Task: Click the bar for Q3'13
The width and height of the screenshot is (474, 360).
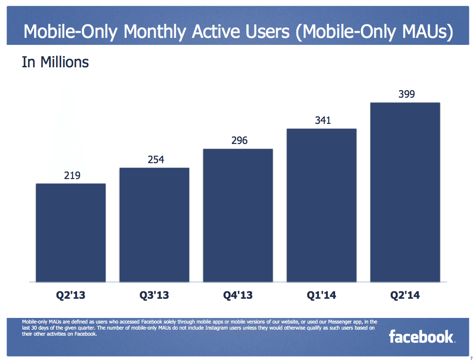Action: [154, 225]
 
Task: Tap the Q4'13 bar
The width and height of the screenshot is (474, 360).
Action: [238, 216]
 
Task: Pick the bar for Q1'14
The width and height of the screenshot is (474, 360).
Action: [322, 205]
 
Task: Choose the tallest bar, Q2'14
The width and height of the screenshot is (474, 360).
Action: [405, 192]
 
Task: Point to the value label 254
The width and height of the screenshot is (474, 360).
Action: [156, 160]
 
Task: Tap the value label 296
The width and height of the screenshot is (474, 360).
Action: [239, 141]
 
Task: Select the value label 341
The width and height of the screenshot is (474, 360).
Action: [323, 121]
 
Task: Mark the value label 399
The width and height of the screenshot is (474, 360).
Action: [406, 94]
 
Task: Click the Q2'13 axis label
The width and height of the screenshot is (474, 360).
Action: [71, 295]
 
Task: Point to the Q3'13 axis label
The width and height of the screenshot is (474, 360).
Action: [154, 295]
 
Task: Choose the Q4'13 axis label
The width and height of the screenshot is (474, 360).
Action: [238, 295]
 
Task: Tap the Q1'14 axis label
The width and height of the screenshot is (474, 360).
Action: [322, 295]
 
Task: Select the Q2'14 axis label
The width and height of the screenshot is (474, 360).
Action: [405, 295]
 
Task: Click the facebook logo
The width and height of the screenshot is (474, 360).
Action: [421, 337]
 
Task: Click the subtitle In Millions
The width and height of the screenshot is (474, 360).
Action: [55, 62]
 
